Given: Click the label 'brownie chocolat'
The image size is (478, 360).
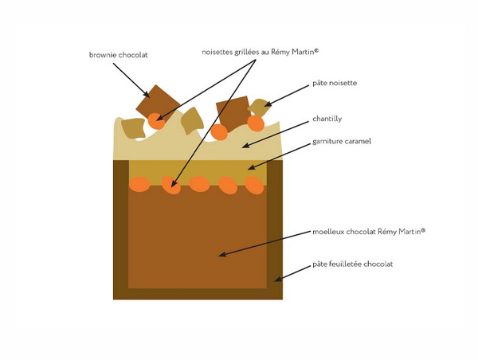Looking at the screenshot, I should (x=119, y=55).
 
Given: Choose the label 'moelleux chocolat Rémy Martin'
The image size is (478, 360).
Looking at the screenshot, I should (x=369, y=232).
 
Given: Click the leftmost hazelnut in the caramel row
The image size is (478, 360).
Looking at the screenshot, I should (x=139, y=185).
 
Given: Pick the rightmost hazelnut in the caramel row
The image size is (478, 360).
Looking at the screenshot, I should (x=253, y=186).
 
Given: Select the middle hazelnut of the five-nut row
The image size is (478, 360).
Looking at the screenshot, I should (x=199, y=184).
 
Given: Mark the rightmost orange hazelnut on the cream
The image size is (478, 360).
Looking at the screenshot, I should (x=256, y=123).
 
